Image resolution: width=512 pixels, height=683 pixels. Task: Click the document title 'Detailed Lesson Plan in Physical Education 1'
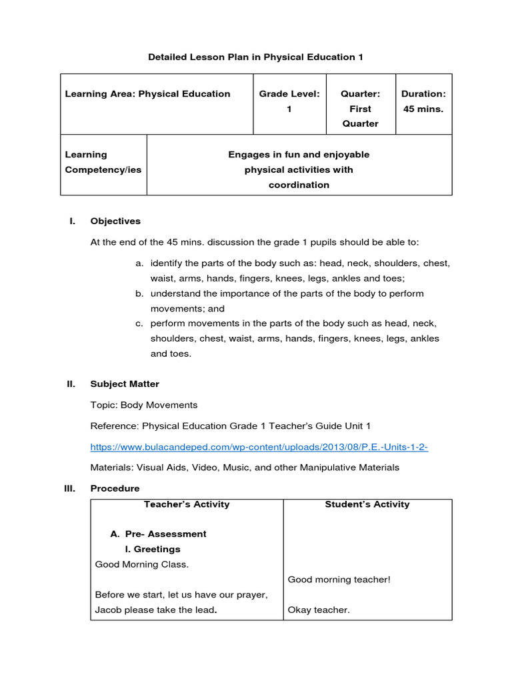tap(255, 57)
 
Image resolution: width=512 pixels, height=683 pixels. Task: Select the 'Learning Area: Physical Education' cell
tap(147, 94)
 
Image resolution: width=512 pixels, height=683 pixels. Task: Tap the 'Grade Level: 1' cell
tap(289, 101)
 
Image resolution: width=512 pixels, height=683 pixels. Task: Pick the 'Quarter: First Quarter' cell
tap(360, 109)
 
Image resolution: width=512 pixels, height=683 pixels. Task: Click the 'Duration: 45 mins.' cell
tap(423, 101)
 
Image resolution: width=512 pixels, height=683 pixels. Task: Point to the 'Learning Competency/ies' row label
tap(103, 162)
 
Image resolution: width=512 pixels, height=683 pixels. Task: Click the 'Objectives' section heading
tap(115, 221)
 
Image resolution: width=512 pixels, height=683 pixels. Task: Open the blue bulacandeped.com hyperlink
tap(259, 447)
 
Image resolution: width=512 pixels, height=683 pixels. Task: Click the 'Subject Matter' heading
tap(125, 384)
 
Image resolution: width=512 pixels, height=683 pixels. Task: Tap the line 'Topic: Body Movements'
tap(144, 405)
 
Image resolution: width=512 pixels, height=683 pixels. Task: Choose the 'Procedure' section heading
tap(115, 489)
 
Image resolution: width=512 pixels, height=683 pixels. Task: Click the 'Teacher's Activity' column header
tap(187, 504)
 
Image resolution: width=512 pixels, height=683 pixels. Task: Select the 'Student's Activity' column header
tap(367, 504)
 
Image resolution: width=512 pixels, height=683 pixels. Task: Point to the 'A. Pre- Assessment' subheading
tap(158, 534)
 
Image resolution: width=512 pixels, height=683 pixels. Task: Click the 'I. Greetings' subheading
tap(153, 550)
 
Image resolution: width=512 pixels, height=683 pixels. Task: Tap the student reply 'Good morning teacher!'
tap(339, 580)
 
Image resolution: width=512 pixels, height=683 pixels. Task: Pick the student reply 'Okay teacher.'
tap(319, 610)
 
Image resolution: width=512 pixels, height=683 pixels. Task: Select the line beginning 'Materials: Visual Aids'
tap(245, 468)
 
